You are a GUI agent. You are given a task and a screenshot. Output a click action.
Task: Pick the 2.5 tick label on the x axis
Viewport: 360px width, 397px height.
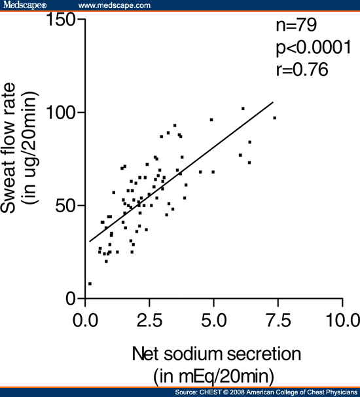[x=149, y=322]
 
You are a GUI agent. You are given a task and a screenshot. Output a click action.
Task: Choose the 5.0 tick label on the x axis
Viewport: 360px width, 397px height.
[x=213, y=322]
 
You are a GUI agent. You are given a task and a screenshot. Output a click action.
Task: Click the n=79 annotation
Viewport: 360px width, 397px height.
[x=295, y=26]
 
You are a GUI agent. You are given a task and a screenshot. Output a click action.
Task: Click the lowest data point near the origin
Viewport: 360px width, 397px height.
[x=90, y=284]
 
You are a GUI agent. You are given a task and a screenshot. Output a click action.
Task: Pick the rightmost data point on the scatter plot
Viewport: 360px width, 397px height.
[x=275, y=118]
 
